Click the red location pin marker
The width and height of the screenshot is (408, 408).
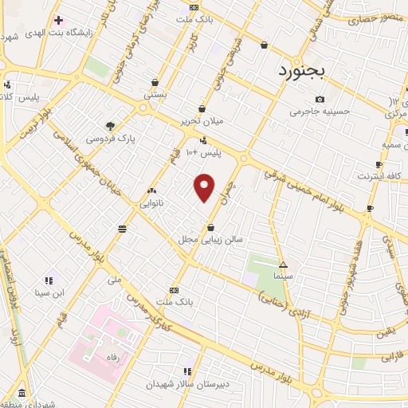205,186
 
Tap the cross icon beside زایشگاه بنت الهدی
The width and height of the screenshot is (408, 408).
58,20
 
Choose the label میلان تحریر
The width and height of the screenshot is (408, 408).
201,122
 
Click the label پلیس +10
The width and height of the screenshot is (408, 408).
202,151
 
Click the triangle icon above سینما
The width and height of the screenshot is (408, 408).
284,265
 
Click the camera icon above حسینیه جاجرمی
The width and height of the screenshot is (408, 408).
320,100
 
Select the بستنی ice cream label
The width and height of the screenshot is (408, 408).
155,95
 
